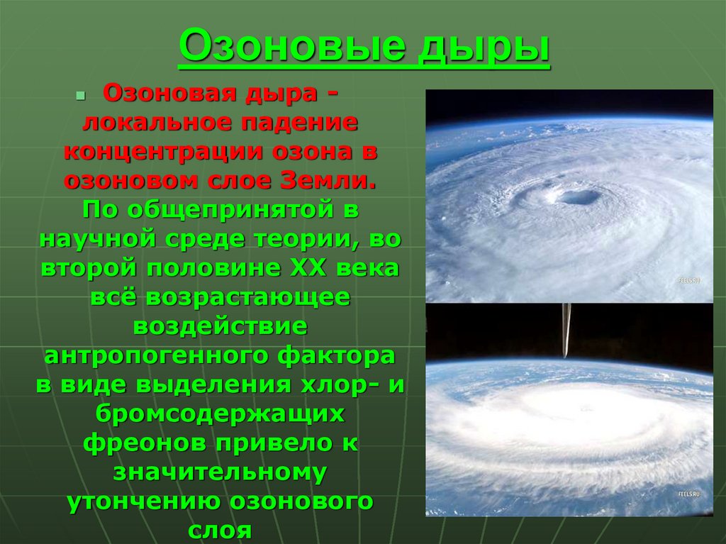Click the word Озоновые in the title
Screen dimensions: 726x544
click(293, 45)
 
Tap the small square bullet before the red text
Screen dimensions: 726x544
click(81, 96)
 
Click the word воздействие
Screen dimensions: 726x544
click(220, 326)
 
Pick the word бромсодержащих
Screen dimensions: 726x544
click(220, 413)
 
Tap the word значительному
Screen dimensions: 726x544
click(220, 472)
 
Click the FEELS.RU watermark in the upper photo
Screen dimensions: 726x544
click(689, 280)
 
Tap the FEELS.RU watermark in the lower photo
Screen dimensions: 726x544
click(689, 494)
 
